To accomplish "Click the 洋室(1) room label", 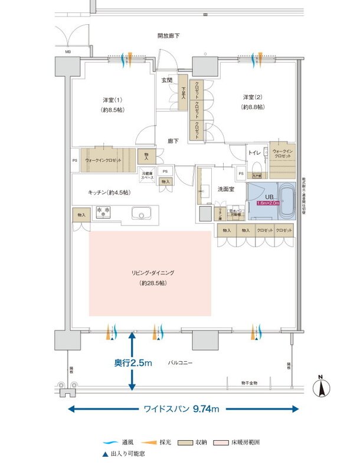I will coord(107,99).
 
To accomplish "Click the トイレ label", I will coord(255,152).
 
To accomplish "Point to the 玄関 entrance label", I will coord(167,80).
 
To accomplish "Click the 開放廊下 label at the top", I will coord(168,36).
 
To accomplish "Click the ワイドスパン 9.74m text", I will coord(182,408).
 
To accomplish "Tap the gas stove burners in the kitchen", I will coord(104,211).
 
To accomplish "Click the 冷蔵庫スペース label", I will coord(147,175).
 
